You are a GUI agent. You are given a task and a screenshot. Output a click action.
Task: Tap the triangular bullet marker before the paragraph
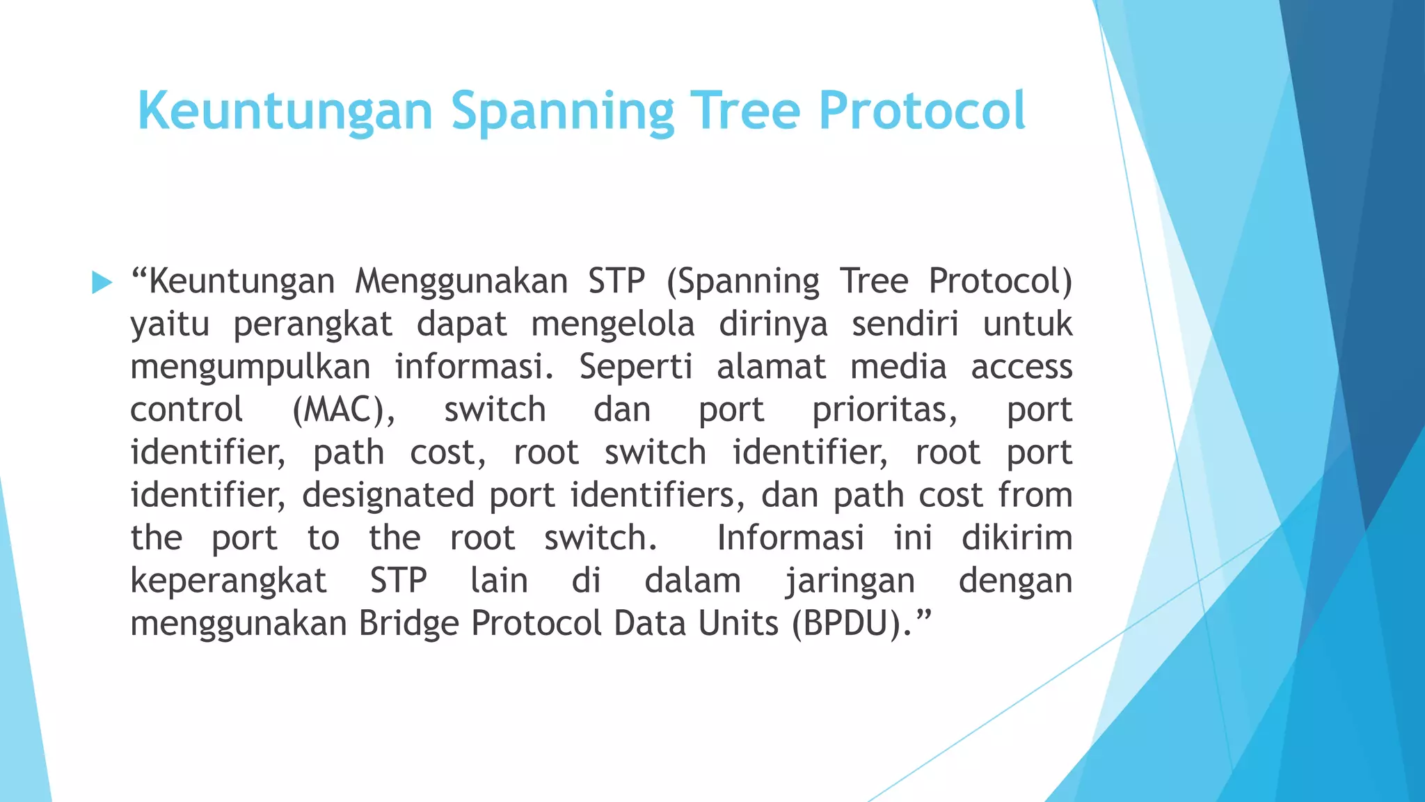pos(102,283)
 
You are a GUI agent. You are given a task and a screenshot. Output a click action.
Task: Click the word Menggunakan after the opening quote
pos(461,282)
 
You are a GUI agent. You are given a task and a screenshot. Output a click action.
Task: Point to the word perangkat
pos(312,324)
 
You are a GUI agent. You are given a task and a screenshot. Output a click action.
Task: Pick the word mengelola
pos(613,324)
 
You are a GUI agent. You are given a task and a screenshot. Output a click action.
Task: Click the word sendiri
pos(905,324)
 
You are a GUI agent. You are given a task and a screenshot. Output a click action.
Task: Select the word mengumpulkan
pos(250,368)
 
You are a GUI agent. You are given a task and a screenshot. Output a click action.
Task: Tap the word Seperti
pos(635,367)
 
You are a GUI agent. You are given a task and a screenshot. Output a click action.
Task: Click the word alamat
pos(771,367)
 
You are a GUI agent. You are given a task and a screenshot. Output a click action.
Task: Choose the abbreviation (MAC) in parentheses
pos(343,410)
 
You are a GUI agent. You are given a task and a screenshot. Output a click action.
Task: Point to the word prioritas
pos(884,410)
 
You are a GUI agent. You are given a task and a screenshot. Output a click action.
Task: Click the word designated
pos(388,495)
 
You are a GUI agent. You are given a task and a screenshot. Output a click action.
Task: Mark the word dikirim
pos(1017,538)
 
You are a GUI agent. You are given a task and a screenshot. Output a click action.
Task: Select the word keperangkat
pos(228,581)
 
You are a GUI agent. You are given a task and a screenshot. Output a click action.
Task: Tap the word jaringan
pos(850,581)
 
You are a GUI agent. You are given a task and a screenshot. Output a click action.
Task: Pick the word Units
pos(738,623)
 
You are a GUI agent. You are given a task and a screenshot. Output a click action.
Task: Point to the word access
pos(1021,367)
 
